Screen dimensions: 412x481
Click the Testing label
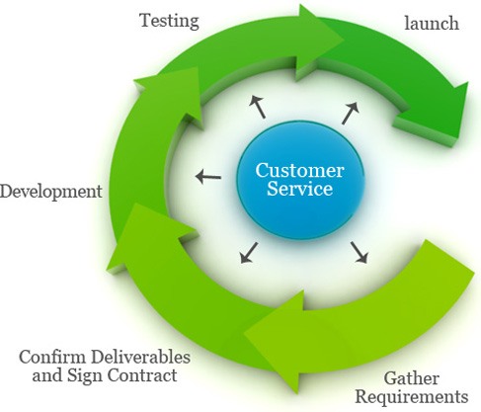(x=169, y=19)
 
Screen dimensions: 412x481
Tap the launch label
(x=432, y=23)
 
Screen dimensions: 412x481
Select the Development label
(x=50, y=191)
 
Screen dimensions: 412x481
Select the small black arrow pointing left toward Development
(x=207, y=177)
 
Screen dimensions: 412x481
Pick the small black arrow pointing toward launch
(x=350, y=112)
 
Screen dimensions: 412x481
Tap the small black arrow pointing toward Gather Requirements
(x=359, y=255)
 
